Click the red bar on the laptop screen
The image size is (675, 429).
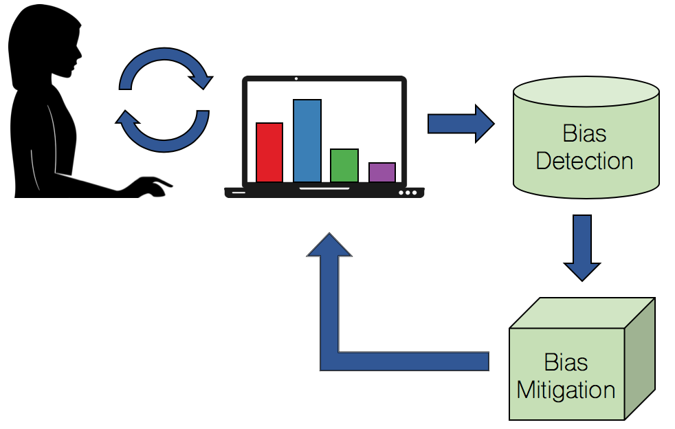coord(269,153)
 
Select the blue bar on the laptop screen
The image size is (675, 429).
coord(307,141)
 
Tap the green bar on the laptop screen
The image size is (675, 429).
coord(344,166)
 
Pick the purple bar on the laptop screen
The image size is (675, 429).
coord(381,173)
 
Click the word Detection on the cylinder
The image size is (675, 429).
coord(584,162)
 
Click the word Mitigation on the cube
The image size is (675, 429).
coord(566,390)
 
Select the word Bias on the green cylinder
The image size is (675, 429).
coord(584,133)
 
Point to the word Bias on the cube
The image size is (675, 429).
coord(566,362)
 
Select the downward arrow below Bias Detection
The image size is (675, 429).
coord(582,247)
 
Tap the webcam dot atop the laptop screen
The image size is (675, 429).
coord(296,79)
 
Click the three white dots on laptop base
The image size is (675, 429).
coord(408,192)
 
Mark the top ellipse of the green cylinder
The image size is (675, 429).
coord(586,89)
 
